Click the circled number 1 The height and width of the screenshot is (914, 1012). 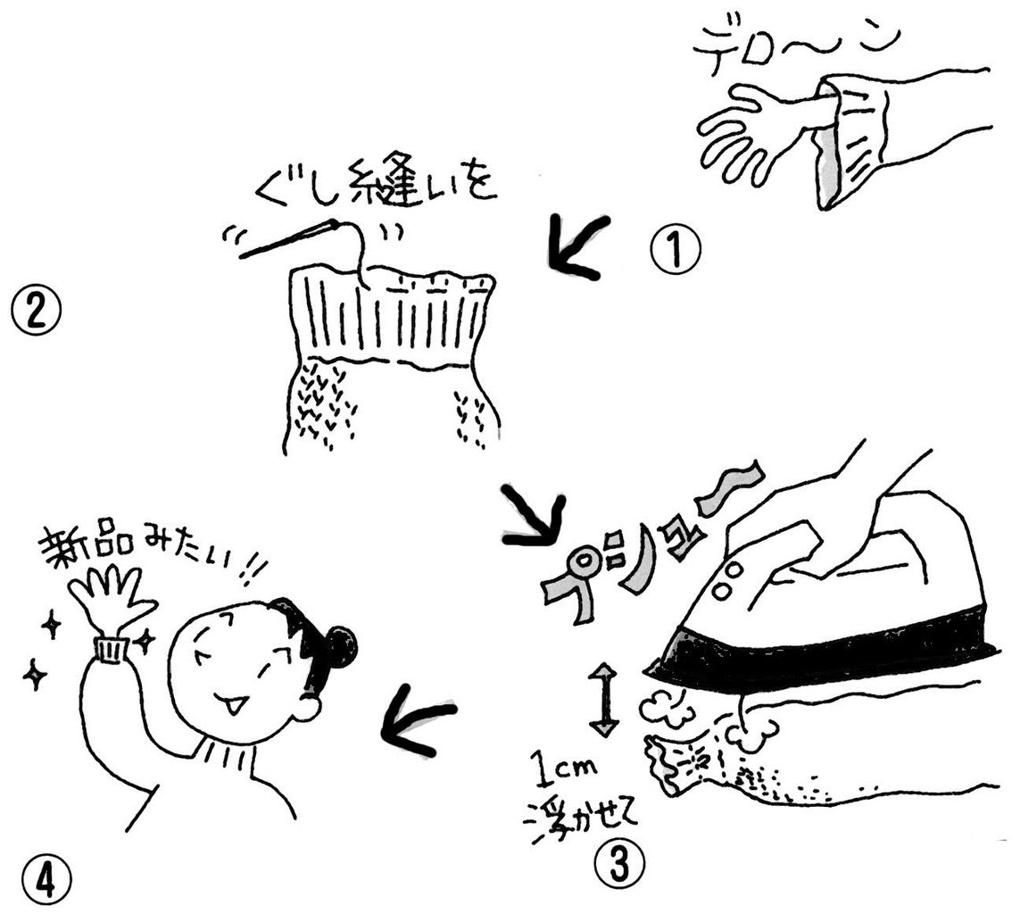point(676,251)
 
